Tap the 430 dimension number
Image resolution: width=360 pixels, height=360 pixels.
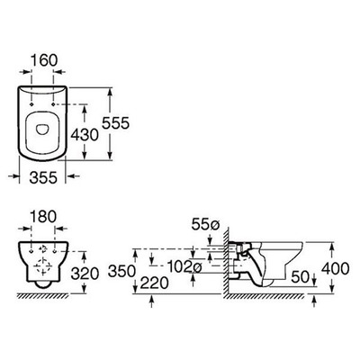(85, 131)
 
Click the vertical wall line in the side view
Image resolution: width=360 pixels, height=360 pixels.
(219, 270)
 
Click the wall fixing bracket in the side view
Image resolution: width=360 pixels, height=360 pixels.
(236, 256)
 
